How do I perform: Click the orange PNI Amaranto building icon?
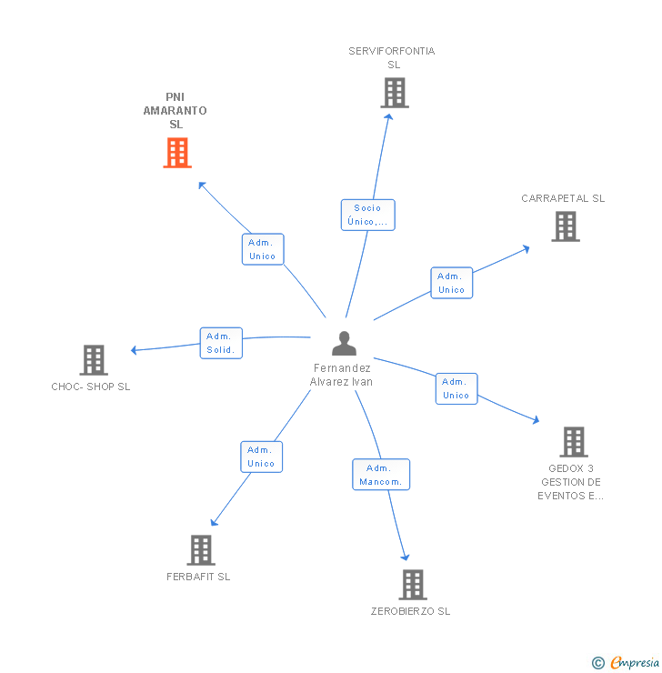(177, 153)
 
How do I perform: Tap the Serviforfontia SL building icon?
(394, 93)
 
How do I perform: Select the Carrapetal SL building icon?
(565, 226)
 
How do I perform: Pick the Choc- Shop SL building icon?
(94, 360)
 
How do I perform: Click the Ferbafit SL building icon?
(201, 549)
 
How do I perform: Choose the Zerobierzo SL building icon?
(412, 584)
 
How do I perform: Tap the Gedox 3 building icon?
(573, 442)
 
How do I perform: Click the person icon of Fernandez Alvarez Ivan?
(344, 343)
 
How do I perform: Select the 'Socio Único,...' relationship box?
(368, 215)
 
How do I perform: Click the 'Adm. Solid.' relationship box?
(221, 343)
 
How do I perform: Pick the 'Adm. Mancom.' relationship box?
(381, 475)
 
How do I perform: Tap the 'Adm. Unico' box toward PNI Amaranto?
(263, 249)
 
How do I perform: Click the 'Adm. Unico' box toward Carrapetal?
(451, 283)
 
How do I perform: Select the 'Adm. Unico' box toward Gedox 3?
(456, 388)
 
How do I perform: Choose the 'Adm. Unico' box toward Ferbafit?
(261, 457)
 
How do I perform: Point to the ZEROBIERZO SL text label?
(410, 611)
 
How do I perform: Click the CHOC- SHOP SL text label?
(91, 387)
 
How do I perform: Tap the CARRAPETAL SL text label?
(563, 198)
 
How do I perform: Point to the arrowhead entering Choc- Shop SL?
(135, 350)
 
